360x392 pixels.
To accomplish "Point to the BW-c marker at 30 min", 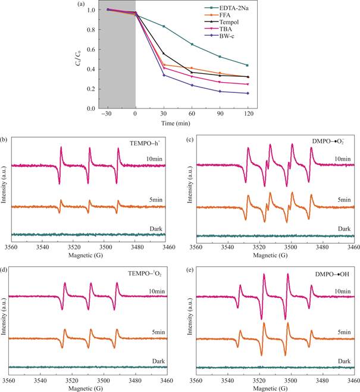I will click(164, 74).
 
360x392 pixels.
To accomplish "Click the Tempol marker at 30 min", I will click(164, 54).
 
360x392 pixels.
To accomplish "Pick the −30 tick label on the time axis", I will click(107, 113).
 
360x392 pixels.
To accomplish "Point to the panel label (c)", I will click(189, 139).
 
